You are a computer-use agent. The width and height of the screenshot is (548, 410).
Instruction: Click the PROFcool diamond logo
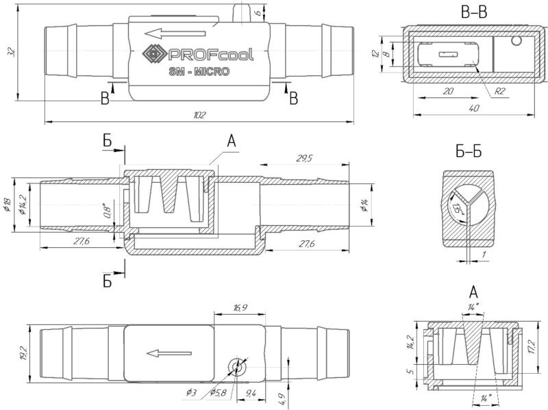coord(151,53)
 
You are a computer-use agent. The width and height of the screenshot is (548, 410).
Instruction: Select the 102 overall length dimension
coord(199,115)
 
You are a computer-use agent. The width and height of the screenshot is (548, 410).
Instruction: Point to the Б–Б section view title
coord(467,152)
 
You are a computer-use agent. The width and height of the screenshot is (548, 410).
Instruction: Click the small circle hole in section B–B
coord(515,41)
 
